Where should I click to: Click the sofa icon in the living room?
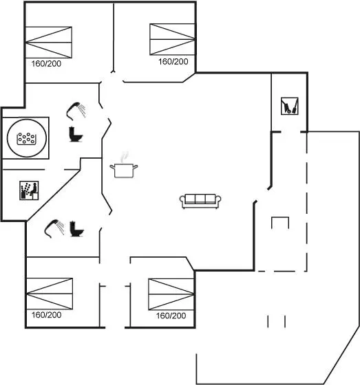200,201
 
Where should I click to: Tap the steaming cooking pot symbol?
124,170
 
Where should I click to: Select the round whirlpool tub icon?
27,137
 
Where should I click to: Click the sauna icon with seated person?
29,190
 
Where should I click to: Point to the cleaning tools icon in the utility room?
290,106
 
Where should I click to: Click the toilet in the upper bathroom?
76,134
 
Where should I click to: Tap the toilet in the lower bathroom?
76,229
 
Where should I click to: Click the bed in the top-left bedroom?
49,42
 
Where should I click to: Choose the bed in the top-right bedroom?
172,39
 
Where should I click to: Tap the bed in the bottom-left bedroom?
49,294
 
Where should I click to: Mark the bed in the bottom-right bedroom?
171,294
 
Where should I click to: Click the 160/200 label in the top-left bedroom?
46,63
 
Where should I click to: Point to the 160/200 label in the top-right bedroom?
173,62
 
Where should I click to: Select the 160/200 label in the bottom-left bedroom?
47,315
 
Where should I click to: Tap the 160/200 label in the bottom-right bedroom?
171,316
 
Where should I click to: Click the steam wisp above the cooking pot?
125,157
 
